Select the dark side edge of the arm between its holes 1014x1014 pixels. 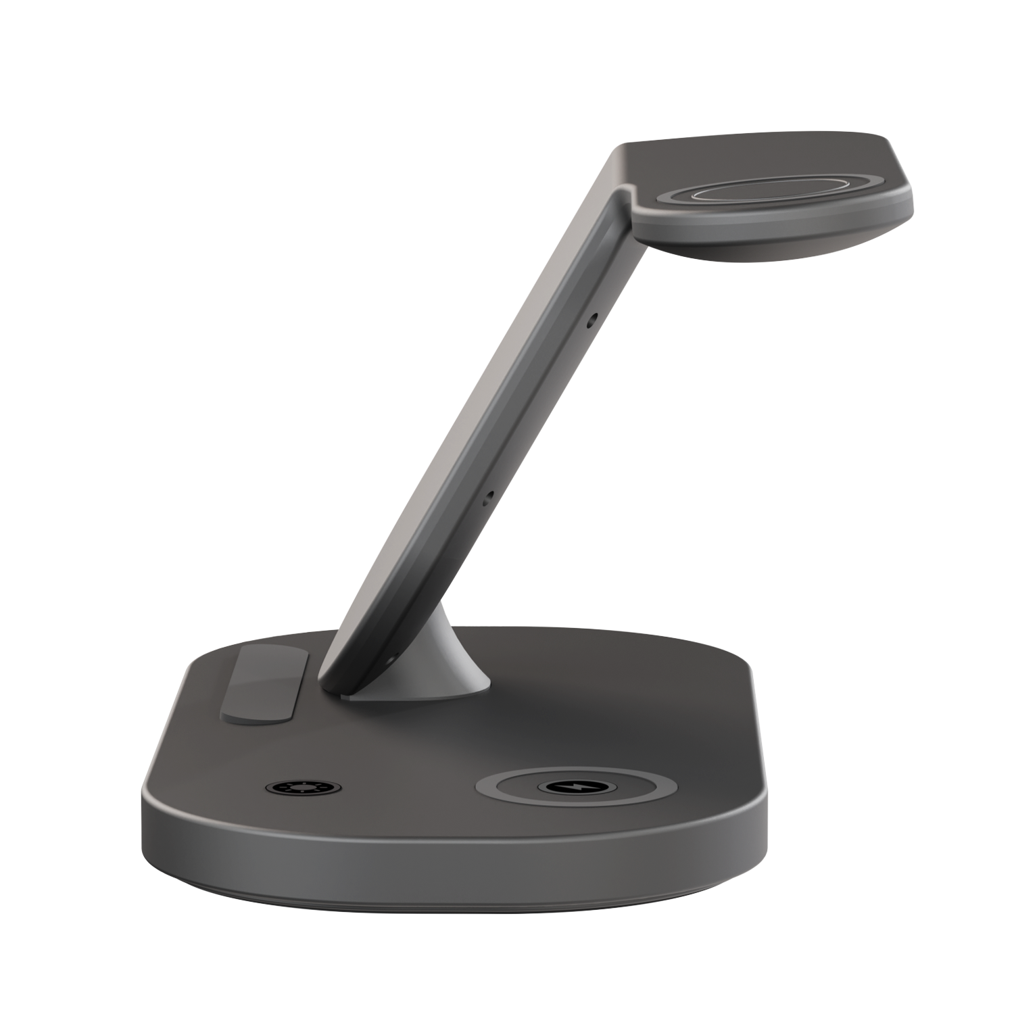coord(541,406)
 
